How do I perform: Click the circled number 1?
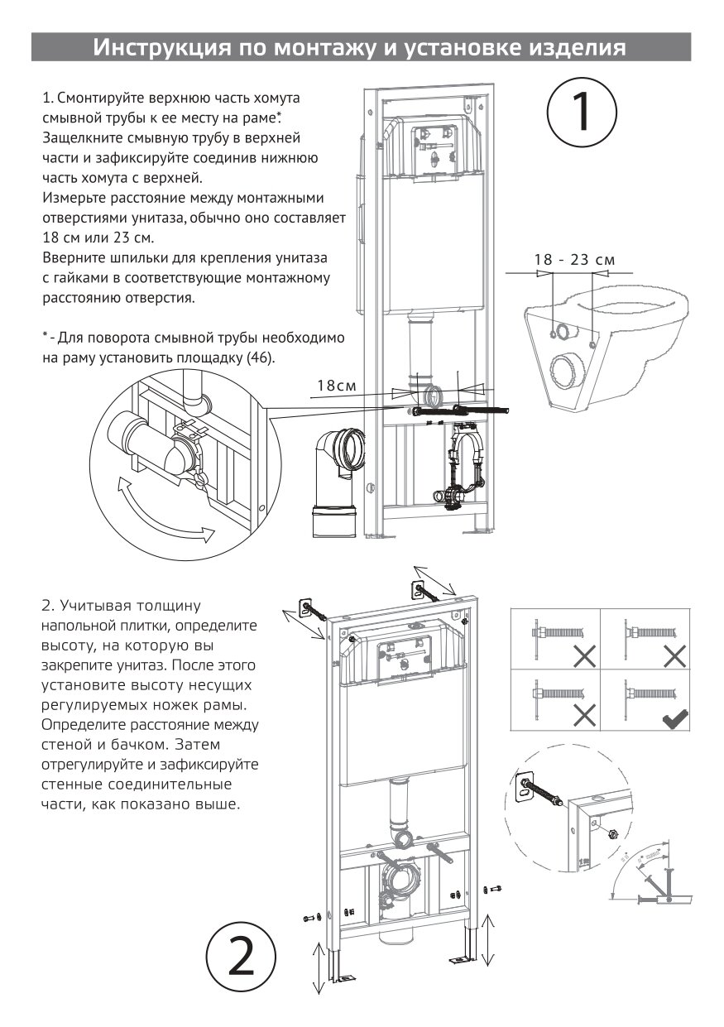tap(583, 114)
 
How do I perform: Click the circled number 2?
tap(241, 957)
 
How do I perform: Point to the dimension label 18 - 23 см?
tap(575, 260)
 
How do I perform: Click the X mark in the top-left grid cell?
tap(585, 658)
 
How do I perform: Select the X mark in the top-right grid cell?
tap(675, 658)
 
